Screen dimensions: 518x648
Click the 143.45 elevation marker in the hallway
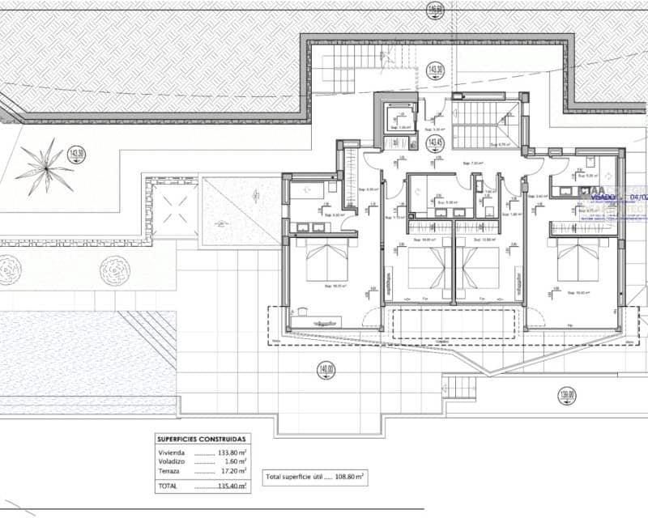coord(435,142)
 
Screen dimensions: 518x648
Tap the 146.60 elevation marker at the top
coord(435,10)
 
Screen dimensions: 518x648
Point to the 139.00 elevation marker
coord(567,396)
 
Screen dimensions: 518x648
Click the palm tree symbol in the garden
coord(44,165)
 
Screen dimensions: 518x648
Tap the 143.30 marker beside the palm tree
coord(78,154)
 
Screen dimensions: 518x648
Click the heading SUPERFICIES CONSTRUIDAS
coord(202,439)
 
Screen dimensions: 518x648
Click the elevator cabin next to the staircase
coord(399,117)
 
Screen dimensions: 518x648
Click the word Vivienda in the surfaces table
coord(172,453)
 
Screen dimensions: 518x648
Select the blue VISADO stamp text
coord(604,196)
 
